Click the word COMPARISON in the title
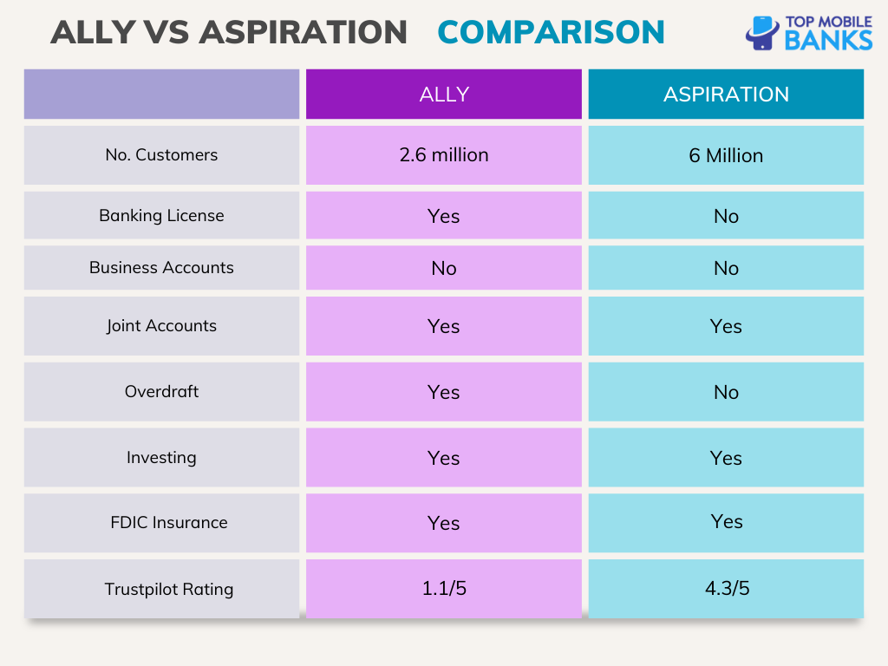pyautogui.click(x=551, y=32)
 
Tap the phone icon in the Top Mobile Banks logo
pyautogui.click(x=762, y=33)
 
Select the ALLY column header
pyautogui.click(x=443, y=95)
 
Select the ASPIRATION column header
pyautogui.click(x=726, y=95)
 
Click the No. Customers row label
pyautogui.click(x=161, y=155)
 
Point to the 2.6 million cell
pyautogui.click(x=443, y=155)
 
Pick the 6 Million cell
pyautogui.click(x=726, y=156)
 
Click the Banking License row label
pyautogui.click(x=161, y=216)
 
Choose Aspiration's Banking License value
pyautogui.click(x=726, y=216)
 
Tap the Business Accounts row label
pyautogui.click(x=161, y=268)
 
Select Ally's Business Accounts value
pyautogui.click(x=443, y=268)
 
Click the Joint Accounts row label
pyautogui.click(x=161, y=326)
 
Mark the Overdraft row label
pyautogui.click(x=161, y=392)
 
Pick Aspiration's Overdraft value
pyautogui.click(x=726, y=392)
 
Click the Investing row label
pyautogui.click(x=161, y=458)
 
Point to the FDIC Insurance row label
pyautogui.click(x=168, y=523)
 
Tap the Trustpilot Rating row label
pyautogui.click(x=168, y=590)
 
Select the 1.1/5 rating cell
pyautogui.click(x=443, y=589)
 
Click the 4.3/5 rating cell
pyautogui.click(x=726, y=589)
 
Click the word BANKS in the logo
pyautogui.click(x=828, y=40)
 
